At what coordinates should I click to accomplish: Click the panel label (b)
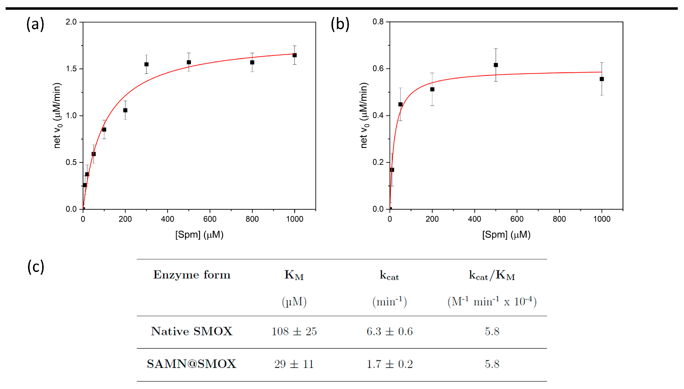(340, 24)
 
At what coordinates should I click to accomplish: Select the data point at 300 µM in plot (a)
(146, 64)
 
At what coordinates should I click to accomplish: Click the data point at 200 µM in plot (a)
(125, 110)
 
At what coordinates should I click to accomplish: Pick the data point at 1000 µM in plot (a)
(294, 55)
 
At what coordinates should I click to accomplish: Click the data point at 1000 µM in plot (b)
(602, 79)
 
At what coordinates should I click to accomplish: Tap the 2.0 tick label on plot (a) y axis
(71, 22)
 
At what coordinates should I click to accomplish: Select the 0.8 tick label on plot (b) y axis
(378, 21)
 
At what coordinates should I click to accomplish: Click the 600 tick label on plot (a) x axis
(210, 219)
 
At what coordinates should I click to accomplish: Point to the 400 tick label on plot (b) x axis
(474, 219)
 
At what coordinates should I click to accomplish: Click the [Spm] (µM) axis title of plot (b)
(506, 235)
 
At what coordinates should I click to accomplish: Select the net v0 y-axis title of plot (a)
(57, 115)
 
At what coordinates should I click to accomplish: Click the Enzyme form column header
(192, 275)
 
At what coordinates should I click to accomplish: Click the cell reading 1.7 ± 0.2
(390, 364)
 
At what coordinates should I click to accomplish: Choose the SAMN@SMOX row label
(191, 364)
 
